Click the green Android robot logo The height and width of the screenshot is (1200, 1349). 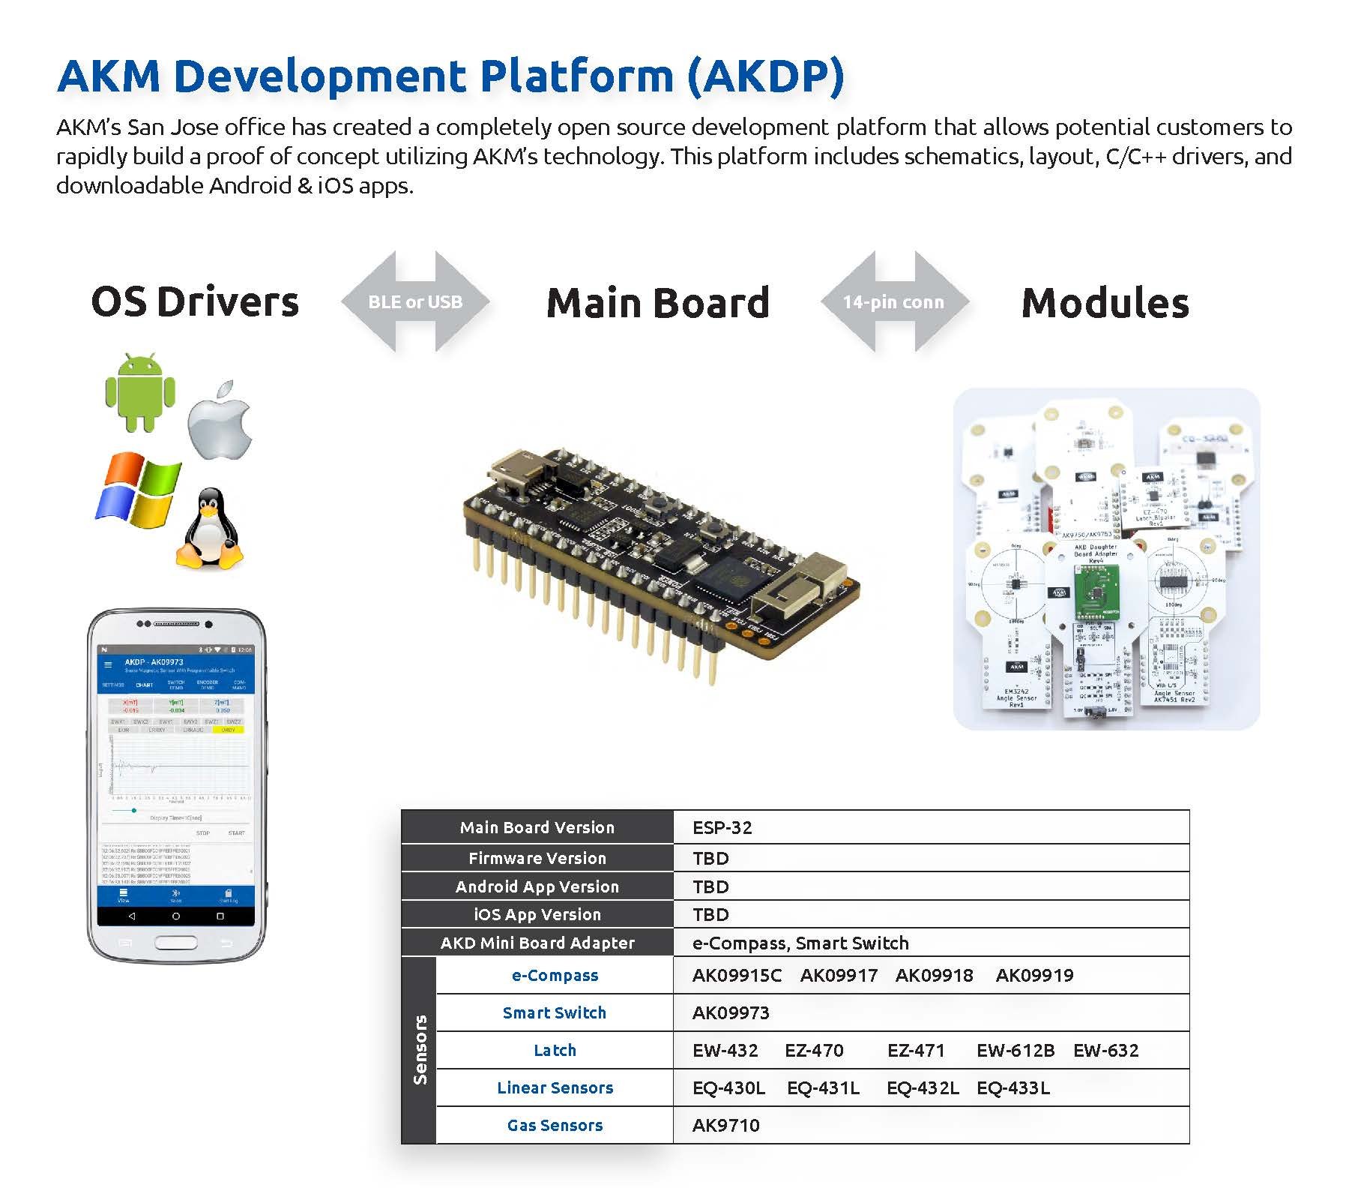[140, 392]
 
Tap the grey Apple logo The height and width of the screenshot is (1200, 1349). [220, 421]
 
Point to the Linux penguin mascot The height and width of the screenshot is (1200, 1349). [209, 529]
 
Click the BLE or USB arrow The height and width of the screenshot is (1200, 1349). [415, 301]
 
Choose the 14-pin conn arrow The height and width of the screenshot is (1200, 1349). [894, 301]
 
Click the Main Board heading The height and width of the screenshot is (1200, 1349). [657, 302]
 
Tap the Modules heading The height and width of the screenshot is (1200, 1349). [1105, 303]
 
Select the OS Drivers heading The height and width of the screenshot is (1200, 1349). [195, 301]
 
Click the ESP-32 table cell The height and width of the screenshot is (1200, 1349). [722, 827]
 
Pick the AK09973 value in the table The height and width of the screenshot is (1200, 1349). [731, 1012]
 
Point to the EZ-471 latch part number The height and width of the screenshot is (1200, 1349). [916, 1050]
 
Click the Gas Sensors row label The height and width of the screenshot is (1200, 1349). [555, 1125]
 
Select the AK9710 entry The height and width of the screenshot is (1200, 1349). [725, 1125]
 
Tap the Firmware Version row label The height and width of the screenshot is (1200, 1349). [537, 858]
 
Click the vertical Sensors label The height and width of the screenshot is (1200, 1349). [420, 1049]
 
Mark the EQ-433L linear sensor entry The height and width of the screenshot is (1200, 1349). [1012, 1087]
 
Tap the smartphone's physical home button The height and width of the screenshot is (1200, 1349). [175, 942]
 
